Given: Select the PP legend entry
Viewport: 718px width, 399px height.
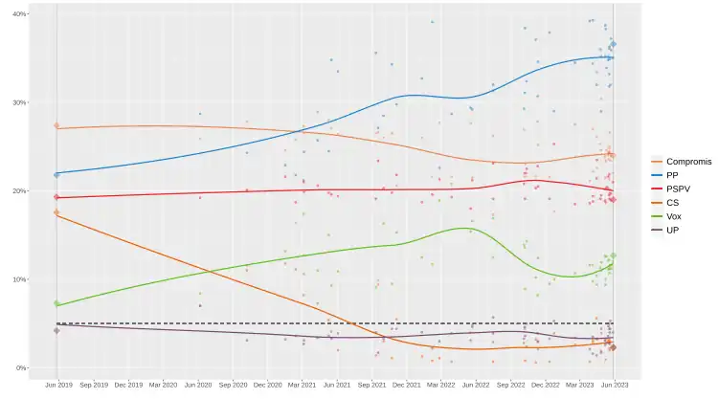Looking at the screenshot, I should coord(673,175).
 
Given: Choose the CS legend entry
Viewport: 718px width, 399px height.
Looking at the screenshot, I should coord(673,203).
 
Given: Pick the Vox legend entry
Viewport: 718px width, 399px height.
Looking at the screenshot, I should coord(674,216).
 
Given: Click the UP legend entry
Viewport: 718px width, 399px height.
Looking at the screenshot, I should coord(673,230).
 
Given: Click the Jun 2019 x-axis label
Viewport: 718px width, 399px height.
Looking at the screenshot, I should coord(57,385).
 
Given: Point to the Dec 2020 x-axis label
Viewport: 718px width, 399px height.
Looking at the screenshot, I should coord(267,385).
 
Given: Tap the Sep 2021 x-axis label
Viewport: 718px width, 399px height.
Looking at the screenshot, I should coord(371,385).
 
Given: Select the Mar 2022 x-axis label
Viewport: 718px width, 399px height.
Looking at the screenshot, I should coord(440,385).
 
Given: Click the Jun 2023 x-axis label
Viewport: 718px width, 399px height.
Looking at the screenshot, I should coord(614,385).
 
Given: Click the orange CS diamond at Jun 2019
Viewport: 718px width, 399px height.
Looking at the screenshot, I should coord(56,212).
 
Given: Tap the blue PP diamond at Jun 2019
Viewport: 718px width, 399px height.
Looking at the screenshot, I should coord(56,174).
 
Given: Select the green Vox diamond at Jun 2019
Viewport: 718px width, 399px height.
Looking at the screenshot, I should coord(56,304).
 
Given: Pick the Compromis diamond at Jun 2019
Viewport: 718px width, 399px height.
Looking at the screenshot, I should coord(56,125).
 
